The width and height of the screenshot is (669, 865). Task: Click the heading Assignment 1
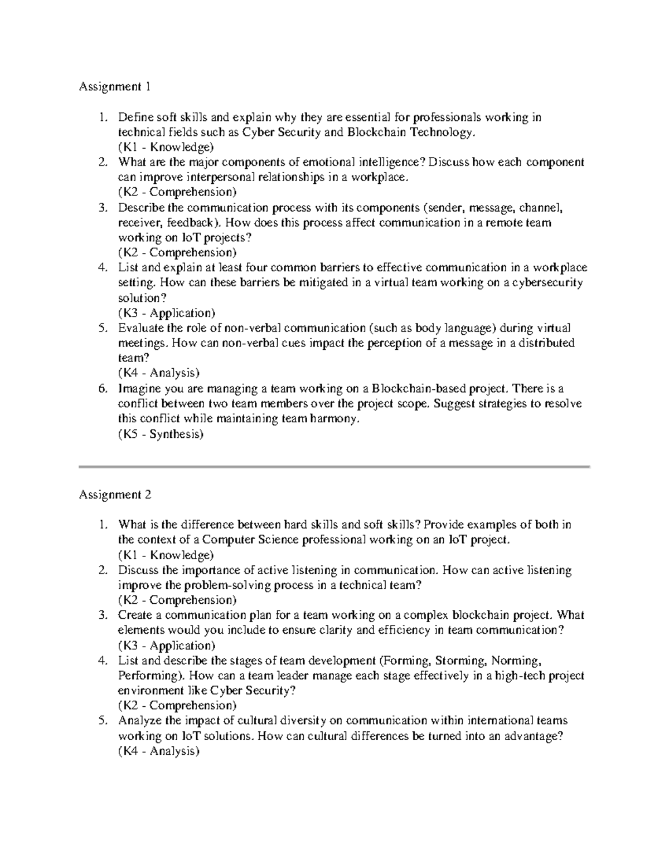(x=115, y=87)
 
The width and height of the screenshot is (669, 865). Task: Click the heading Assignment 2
(x=115, y=495)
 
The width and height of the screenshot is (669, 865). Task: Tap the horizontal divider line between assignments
(x=334, y=466)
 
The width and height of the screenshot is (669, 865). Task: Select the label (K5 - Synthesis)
(x=161, y=434)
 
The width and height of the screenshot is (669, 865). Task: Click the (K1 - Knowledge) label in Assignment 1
(x=166, y=147)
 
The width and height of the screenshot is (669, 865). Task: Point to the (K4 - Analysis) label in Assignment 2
(x=158, y=751)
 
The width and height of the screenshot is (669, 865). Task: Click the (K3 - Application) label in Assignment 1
(x=166, y=313)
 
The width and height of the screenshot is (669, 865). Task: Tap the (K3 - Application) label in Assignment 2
(x=166, y=646)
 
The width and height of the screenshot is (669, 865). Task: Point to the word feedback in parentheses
(x=190, y=223)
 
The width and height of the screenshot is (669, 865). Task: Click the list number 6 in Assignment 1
(x=102, y=389)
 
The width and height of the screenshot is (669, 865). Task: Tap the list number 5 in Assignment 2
(x=102, y=721)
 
